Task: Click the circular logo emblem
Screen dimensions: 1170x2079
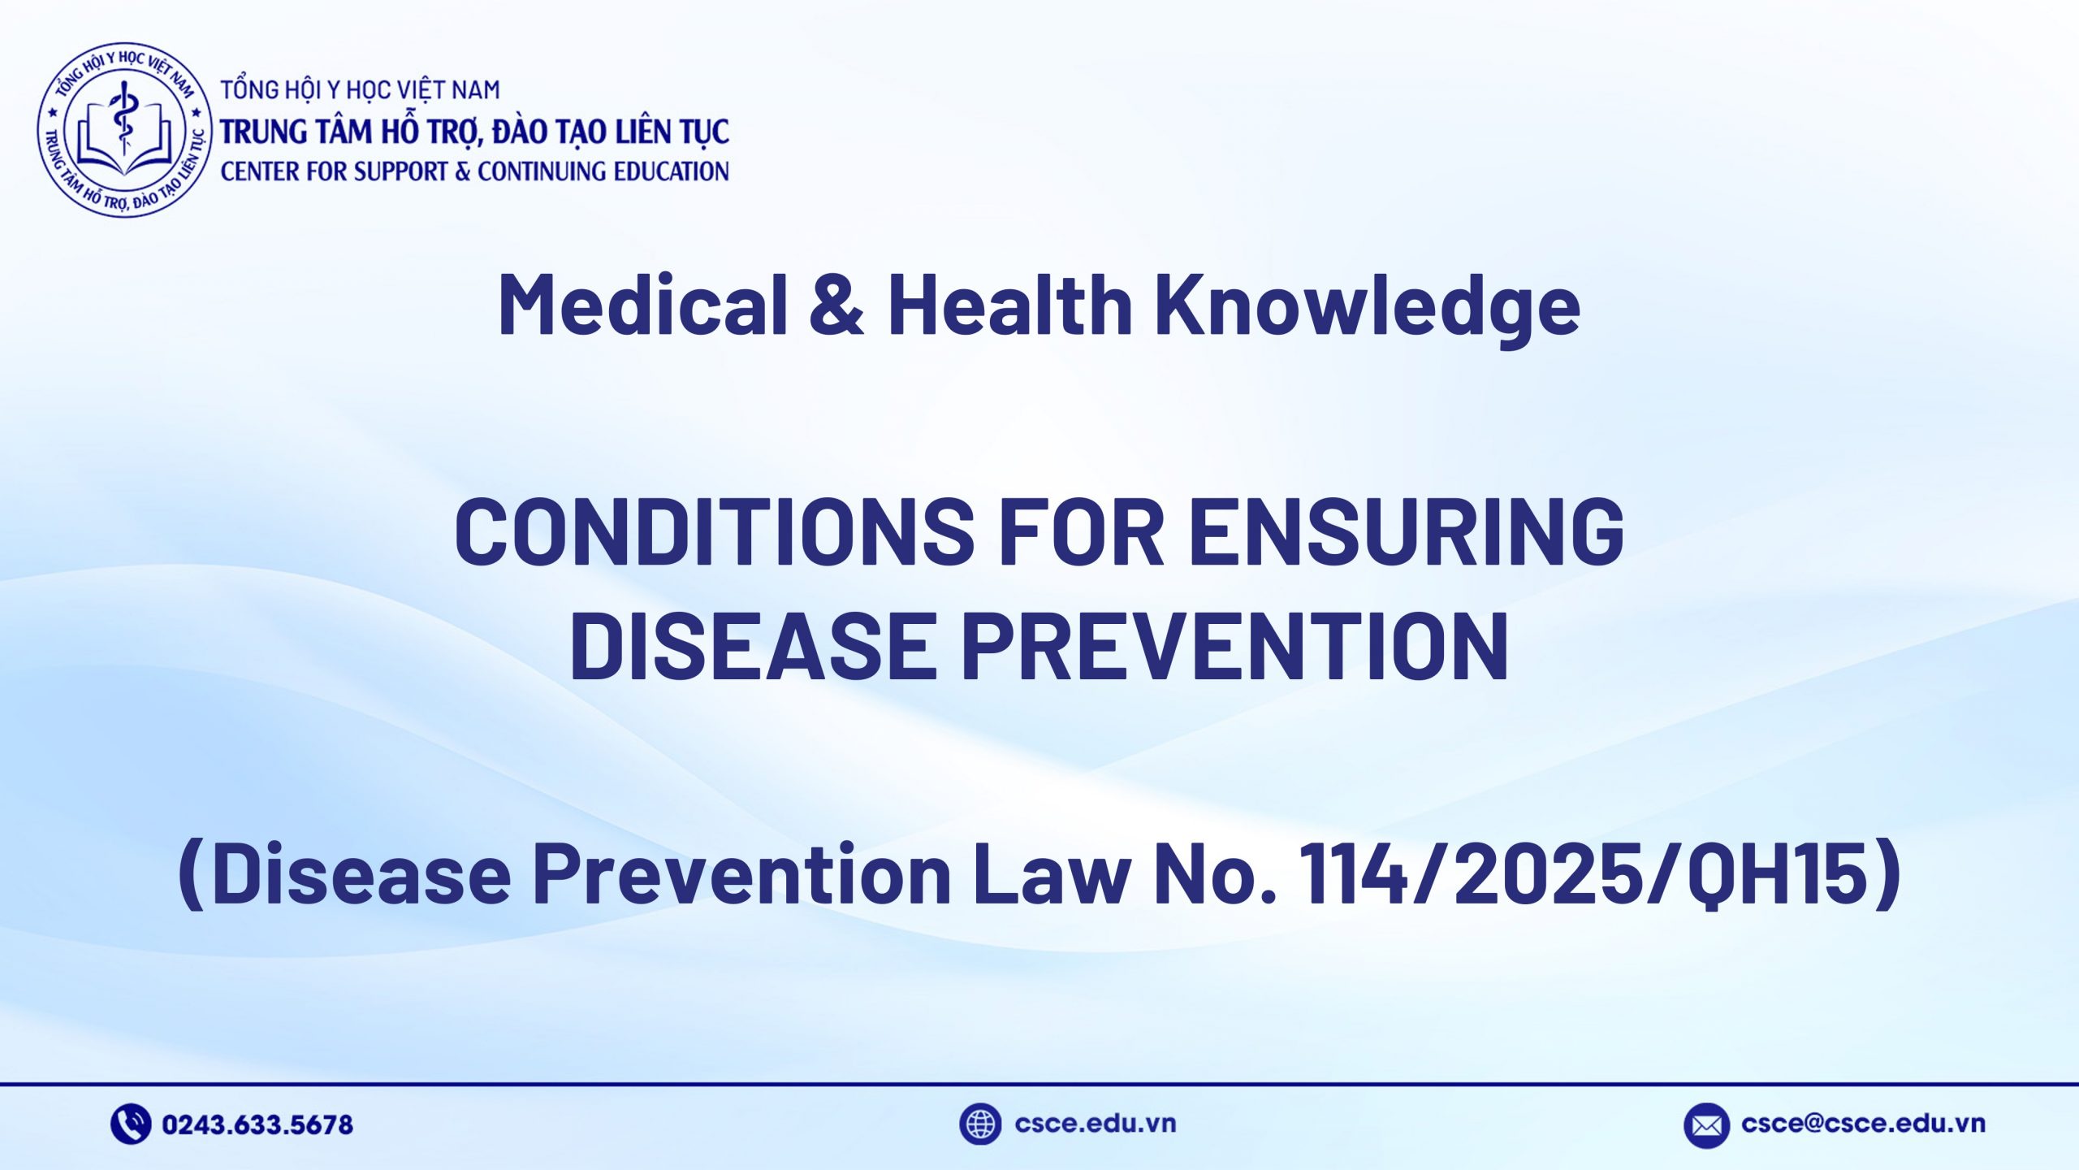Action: [x=124, y=130]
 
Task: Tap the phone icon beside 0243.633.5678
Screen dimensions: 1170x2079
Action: [x=130, y=1124]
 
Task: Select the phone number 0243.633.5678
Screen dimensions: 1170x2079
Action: [x=257, y=1124]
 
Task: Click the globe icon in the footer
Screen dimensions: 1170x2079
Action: [x=979, y=1124]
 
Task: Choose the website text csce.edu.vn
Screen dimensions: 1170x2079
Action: [x=1095, y=1124]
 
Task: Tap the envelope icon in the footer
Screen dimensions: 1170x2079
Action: [x=1705, y=1125]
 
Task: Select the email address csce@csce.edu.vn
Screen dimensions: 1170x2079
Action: [x=1863, y=1124]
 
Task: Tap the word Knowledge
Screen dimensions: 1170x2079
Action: [x=1367, y=305]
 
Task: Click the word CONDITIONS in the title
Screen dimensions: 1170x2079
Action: [x=714, y=531]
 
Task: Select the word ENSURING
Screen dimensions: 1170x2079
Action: [x=1407, y=531]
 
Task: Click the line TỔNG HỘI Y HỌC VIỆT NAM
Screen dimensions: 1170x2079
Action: [x=361, y=89]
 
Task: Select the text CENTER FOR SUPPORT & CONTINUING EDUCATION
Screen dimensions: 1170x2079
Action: [x=474, y=171]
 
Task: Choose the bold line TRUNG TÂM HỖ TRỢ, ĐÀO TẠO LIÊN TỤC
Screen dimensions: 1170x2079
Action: [x=475, y=132]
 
